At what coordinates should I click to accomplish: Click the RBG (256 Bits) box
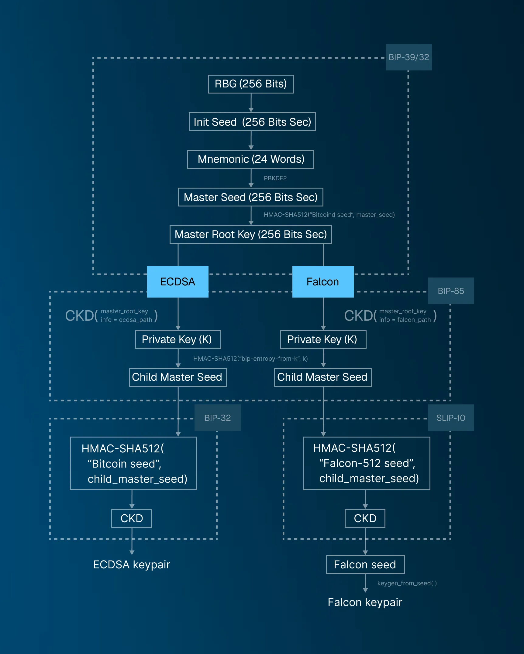(251, 84)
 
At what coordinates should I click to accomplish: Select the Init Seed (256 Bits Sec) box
(252, 122)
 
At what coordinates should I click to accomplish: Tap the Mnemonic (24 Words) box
(251, 159)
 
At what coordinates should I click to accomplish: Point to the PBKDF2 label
(275, 178)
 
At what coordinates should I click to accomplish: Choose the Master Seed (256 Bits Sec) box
(250, 197)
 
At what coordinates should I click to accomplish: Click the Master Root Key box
(250, 234)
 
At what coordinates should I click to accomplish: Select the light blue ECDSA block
(178, 282)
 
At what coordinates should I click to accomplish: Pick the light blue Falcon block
(323, 282)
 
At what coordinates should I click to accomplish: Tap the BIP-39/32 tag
(409, 57)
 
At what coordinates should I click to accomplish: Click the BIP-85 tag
(451, 291)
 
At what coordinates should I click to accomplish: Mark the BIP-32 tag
(217, 418)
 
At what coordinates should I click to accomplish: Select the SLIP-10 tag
(451, 418)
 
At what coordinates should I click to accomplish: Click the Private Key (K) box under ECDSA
(178, 339)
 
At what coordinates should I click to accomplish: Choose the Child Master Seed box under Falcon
(323, 377)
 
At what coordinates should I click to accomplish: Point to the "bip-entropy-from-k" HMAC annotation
(250, 359)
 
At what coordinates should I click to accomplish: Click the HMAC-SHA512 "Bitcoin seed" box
(133, 463)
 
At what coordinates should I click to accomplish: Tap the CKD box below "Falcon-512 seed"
(365, 518)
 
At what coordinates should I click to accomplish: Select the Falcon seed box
(365, 564)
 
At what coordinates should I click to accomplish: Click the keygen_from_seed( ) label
(407, 583)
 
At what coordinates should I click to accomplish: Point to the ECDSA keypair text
(131, 564)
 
